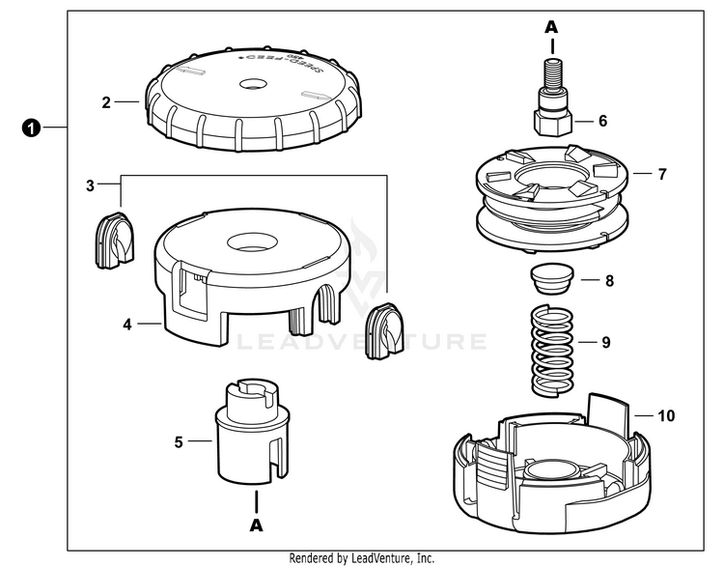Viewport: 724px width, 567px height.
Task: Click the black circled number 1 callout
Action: (32, 128)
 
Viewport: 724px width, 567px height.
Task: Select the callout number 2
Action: (107, 99)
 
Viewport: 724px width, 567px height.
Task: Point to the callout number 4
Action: (126, 325)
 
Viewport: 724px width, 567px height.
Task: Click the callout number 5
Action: (179, 443)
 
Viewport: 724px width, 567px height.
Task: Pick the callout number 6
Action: (603, 122)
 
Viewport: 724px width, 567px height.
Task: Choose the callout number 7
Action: (661, 175)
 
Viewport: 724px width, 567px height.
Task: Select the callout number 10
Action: (666, 416)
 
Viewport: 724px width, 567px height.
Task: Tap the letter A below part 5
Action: (256, 526)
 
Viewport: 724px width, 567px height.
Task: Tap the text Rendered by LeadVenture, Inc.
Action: (361, 558)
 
